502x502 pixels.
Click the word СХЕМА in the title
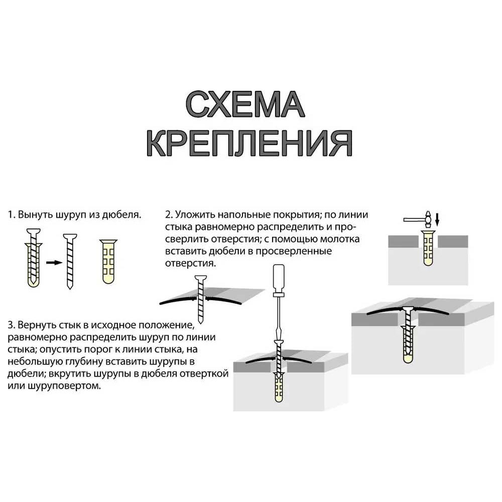tap(245, 104)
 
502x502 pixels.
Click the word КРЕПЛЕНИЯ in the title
tap(249, 143)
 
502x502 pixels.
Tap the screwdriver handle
tap(279, 278)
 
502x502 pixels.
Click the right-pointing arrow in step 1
tap(54, 263)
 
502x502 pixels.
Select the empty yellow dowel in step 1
tap(108, 262)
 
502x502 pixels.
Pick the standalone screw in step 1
tap(70, 262)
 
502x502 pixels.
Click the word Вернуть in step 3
tap(37, 325)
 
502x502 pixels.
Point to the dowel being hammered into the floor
tap(428, 248)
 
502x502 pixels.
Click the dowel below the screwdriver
tap(279, 387)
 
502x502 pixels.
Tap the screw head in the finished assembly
tap(408, 309)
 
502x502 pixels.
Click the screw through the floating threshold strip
tap(201, 299)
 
